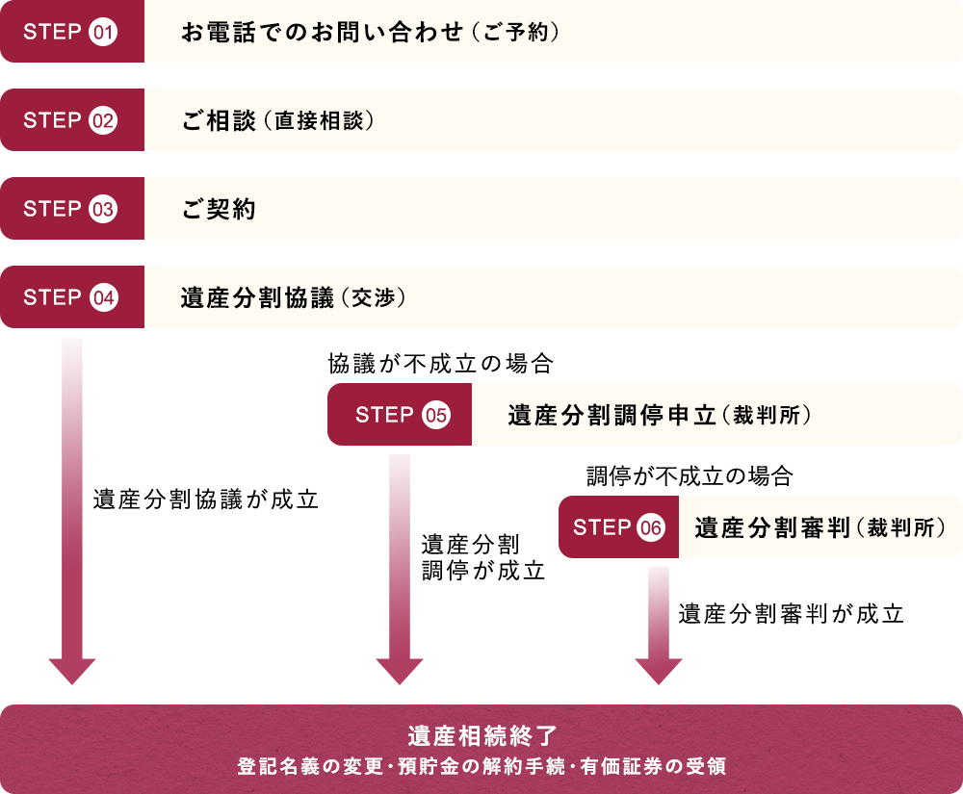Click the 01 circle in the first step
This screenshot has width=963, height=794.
coord(103,33)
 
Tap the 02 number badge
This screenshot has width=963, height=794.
coord(103,121)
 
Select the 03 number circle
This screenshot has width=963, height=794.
coord(103,210)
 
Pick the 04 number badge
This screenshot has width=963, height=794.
coord(103,298)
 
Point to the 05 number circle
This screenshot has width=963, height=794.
coord(435,416)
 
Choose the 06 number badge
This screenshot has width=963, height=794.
coord(651,528)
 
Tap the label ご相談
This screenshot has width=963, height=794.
coord(219,121)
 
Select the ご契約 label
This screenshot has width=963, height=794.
coord(219,210)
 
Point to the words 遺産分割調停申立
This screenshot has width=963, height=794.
coord(612,416)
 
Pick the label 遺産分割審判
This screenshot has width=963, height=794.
coord(770,528)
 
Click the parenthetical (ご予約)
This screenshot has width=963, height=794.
coord(516,33)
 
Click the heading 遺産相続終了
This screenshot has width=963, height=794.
coord(481,736)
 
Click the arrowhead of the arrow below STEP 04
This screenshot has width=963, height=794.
coord(72,671)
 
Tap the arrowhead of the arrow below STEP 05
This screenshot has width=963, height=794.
coord(400,671)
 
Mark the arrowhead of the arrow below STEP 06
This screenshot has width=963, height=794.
coord(659,671)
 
